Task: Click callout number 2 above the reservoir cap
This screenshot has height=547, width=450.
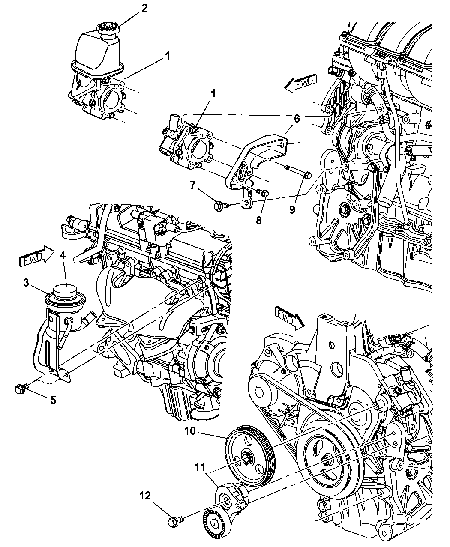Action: coord(144,9)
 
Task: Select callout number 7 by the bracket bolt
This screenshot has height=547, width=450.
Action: coord(193,185)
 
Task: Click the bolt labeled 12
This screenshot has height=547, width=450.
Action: coord(174,521)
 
